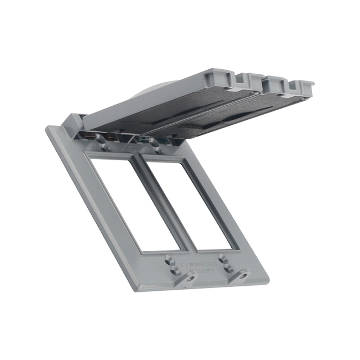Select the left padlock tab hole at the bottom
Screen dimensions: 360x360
point(192,277)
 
